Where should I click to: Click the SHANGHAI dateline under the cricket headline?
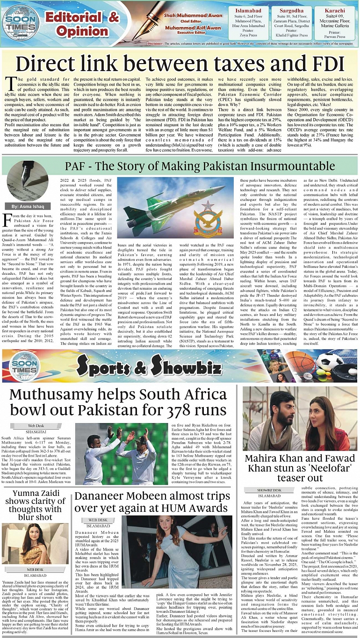(x=36, y=432)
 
